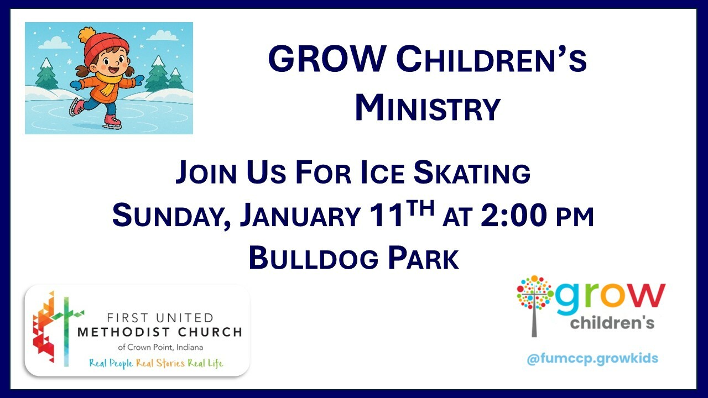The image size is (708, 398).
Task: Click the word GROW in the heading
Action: coord(327,59)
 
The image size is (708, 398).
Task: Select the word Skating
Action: coord(472,172)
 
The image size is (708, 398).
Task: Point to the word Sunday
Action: coord(172,216)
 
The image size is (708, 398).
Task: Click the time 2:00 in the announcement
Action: coord(514,215)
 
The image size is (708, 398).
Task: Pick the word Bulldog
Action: coord(314,258)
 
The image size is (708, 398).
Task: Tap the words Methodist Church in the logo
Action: coord(160,332)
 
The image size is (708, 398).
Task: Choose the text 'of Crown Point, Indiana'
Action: coord(160,348)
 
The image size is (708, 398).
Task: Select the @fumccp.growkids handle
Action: coord(592,359)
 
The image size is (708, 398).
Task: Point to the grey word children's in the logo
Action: coord(612,323)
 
